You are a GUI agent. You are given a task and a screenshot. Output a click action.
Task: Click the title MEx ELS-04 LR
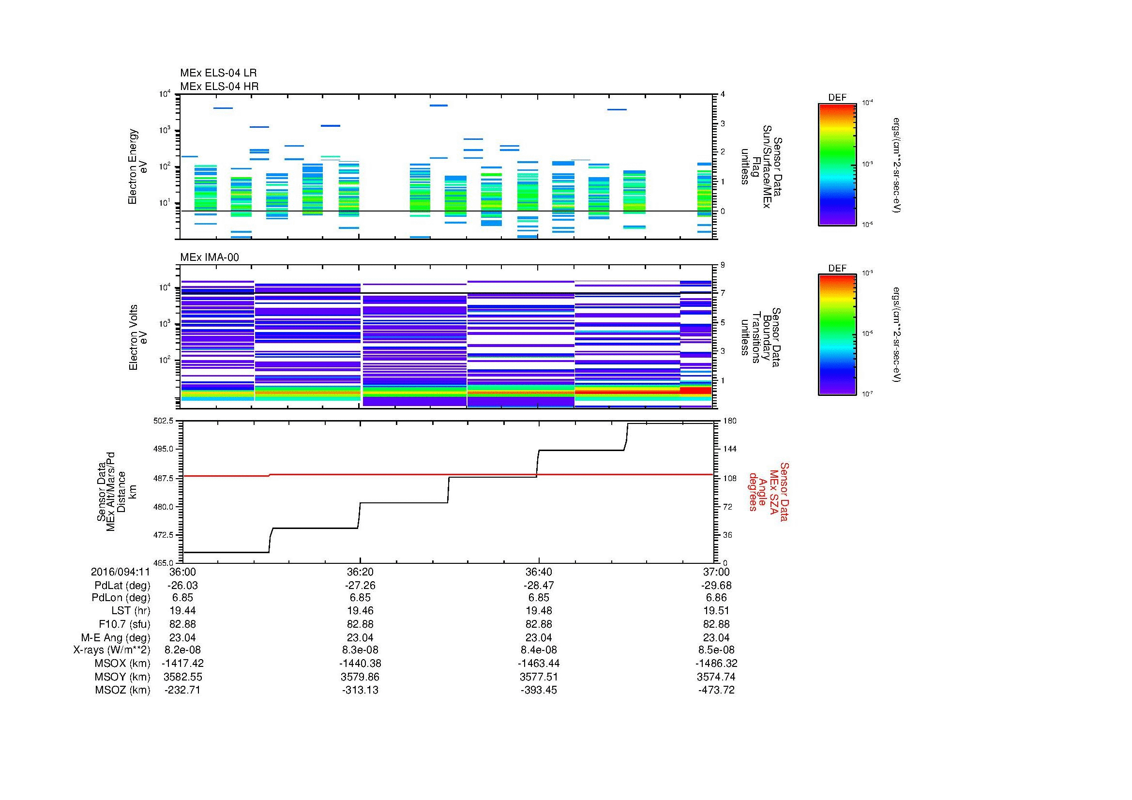point(218,73)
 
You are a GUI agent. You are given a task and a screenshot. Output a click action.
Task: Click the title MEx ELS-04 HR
point(219,86)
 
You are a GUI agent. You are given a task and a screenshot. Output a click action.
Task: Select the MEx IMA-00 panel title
point(209,257)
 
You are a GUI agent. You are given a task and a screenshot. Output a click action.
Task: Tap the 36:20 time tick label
point(360,572)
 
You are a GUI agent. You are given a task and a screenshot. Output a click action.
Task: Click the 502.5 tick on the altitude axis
point(164,421)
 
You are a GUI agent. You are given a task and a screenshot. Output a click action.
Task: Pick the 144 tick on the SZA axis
point(729,449)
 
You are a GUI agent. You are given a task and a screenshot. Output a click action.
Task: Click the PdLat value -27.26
point(360,586)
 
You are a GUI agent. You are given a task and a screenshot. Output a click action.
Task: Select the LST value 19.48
point(538,611)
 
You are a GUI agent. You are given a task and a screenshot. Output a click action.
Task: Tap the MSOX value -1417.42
point(182,664)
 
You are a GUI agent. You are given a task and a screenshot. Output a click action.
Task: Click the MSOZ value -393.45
point(538,690)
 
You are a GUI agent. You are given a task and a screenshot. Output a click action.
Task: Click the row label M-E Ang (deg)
point(115,637)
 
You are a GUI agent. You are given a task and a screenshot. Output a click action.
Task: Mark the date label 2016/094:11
point(120,572)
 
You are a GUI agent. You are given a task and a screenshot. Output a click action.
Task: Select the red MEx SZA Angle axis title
point(768,491)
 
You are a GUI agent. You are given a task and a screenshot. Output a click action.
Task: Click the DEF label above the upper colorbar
point(837,98)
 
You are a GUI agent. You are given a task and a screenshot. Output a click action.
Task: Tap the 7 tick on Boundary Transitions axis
point(723,293)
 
